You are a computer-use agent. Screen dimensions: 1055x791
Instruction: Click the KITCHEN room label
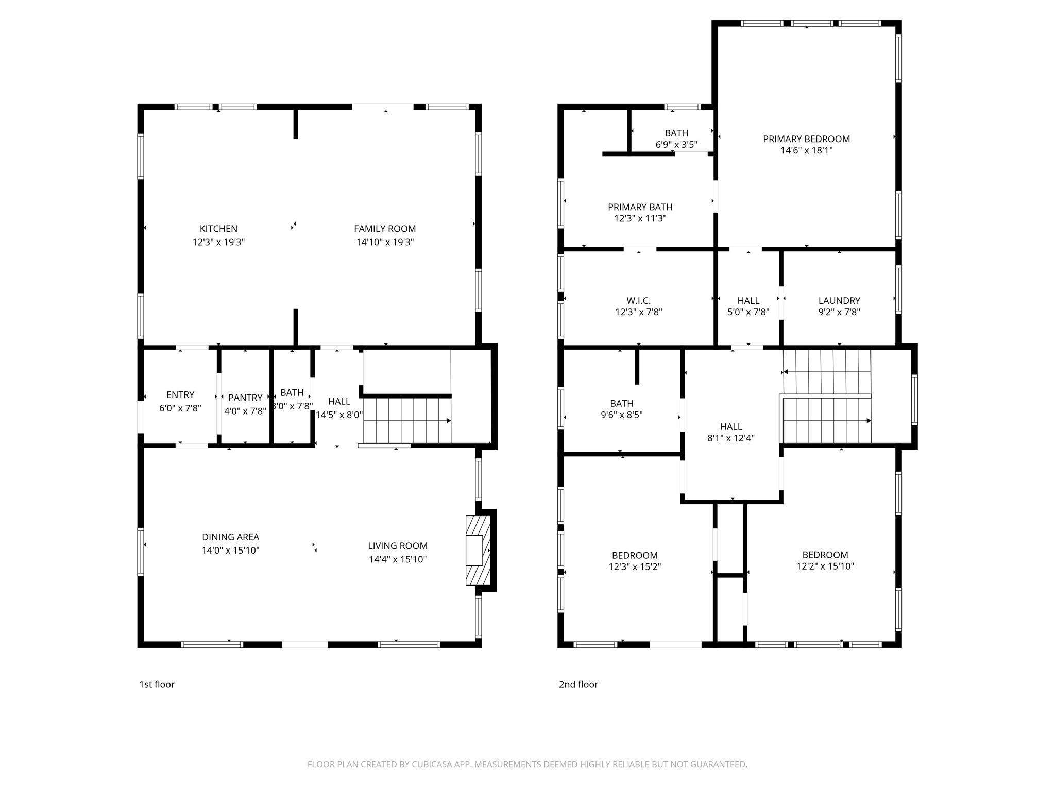tap(218, 229)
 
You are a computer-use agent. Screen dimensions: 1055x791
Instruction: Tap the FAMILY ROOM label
tap(385, 229)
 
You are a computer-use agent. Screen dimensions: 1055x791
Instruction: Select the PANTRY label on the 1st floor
tap(245, 398)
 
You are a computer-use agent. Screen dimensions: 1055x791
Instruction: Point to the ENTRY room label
tap(180, 395)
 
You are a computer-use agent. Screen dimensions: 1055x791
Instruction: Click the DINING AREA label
tap(230, 537)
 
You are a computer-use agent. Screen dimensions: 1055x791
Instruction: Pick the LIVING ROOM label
tap(398, 546)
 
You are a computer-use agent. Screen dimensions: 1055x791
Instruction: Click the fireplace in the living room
tap(478, 550)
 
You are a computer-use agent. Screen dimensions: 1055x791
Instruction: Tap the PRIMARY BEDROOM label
tap(806, 139)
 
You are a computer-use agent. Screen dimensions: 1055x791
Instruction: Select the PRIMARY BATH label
tap(640, 207)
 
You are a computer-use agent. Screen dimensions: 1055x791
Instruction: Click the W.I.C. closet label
tap(639, 301)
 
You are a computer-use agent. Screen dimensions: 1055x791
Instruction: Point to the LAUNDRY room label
tap(839, 301)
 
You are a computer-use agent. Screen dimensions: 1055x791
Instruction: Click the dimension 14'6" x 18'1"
tap(807, 150)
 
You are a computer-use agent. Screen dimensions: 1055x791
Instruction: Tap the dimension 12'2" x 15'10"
tap(825, 566)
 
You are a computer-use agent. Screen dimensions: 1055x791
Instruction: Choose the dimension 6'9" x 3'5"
tap(676, 145)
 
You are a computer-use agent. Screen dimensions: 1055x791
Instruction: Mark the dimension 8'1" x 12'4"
tap(731, 438)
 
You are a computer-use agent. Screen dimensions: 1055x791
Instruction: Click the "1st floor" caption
tap(157, 684)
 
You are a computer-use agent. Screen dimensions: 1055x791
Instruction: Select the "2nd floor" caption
tap(578, 684)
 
